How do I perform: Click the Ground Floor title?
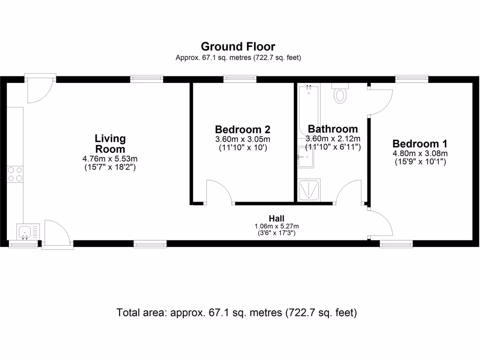238,46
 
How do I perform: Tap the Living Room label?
110,144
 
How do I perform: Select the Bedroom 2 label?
242,129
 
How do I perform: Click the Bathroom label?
332,129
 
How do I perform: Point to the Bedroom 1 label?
420,143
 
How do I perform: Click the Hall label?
277,218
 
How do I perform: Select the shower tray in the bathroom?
309,190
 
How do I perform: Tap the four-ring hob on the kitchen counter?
15,174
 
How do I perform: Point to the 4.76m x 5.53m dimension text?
110,158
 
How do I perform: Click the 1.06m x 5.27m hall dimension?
277,226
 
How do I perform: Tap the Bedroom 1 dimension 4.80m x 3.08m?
420,153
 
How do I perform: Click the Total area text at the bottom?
237,313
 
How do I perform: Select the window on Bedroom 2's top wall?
240,79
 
